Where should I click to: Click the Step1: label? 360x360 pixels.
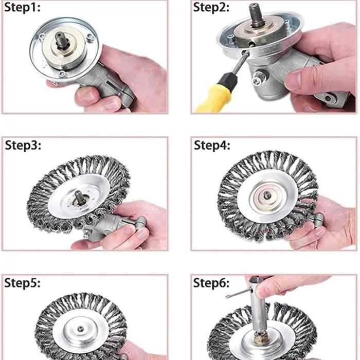[x=22, y=8]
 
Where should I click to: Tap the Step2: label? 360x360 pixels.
[x=211, y=8]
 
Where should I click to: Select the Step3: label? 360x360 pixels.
[x=23, y=146]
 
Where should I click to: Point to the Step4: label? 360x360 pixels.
[x=212, y=146]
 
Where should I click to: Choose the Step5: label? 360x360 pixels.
[x=22, y=283]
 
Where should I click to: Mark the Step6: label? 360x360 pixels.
[x=211, y=283]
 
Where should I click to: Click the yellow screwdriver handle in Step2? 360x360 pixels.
[x=212, y=99]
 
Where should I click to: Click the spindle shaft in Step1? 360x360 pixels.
[x=60, y=40]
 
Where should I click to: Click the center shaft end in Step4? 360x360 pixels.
[x=267, y=195]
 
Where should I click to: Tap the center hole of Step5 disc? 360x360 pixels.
[x=80, y=329]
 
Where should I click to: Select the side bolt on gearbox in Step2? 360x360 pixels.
[x=259, y=78]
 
